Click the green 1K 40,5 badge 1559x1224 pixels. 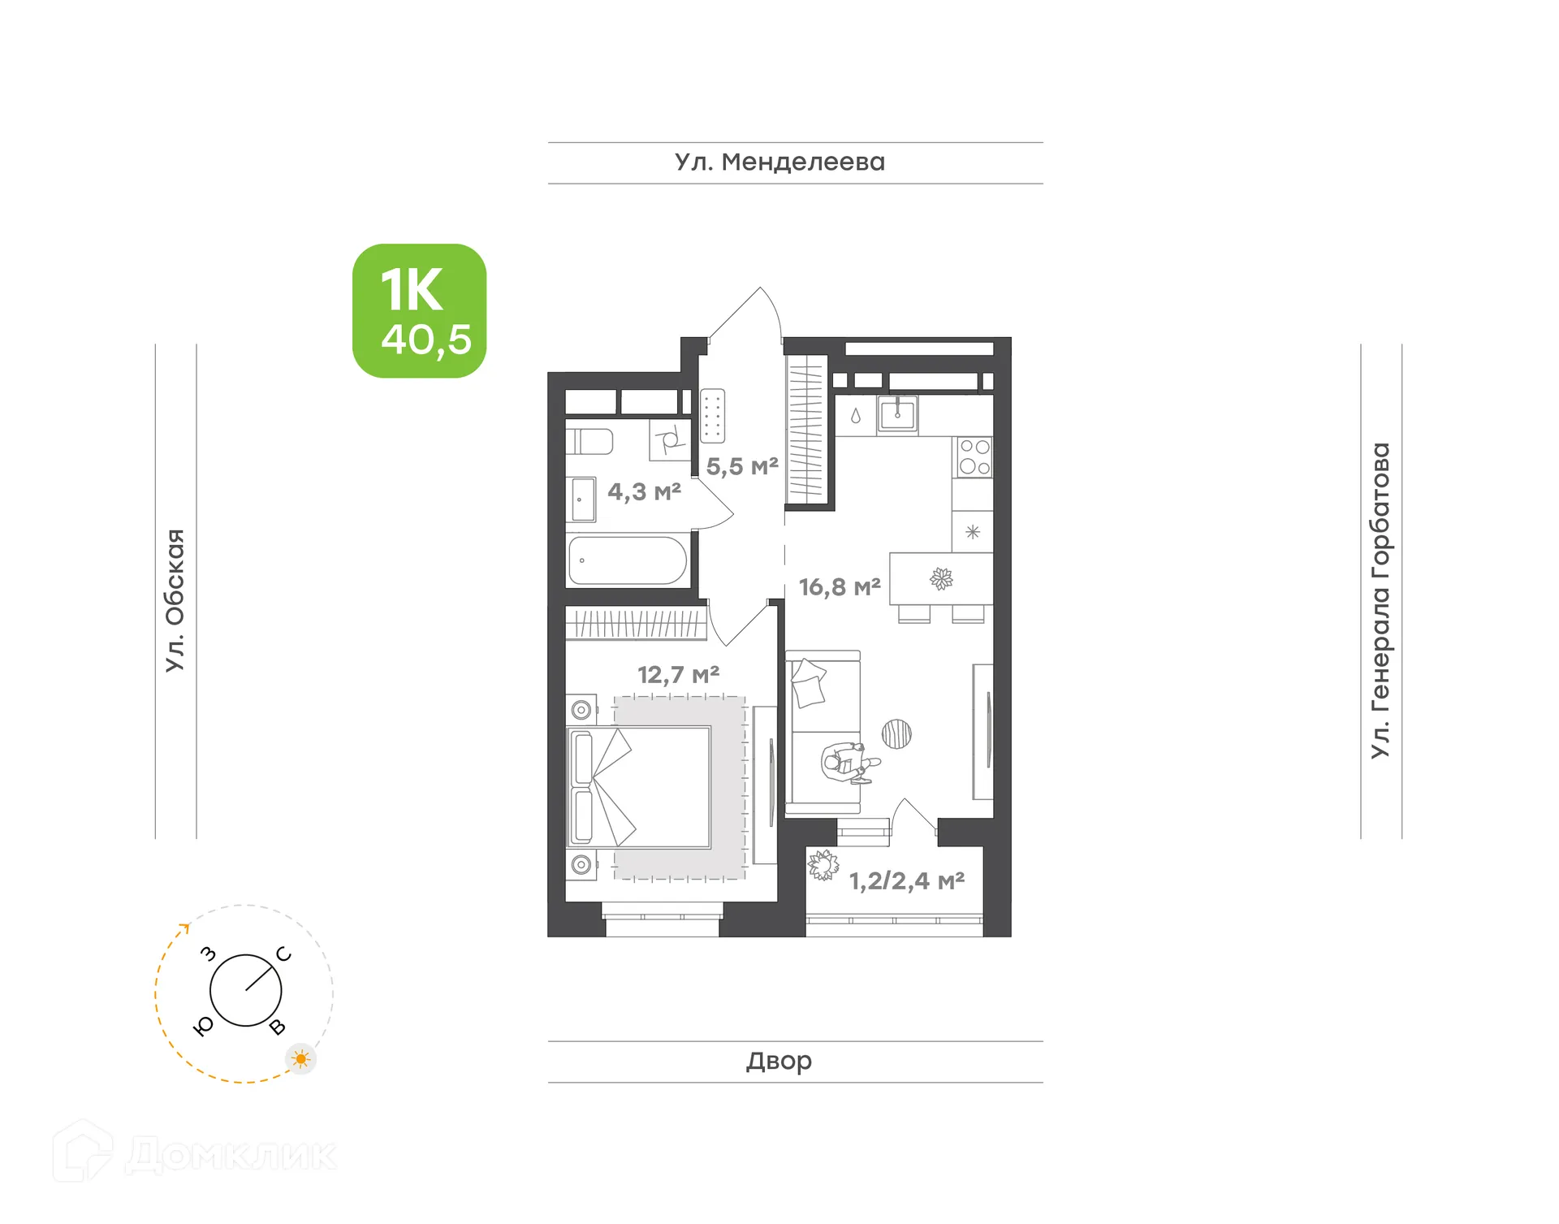419,311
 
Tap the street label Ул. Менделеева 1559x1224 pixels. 779,162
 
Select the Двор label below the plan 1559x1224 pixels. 779,1061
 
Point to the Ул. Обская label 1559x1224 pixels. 175,600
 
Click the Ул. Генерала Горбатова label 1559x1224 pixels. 1380,600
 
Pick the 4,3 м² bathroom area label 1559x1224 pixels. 644,491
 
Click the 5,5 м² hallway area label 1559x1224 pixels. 742,466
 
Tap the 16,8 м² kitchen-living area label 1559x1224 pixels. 840,586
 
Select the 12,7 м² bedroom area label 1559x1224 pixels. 678,674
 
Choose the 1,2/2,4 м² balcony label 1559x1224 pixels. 907,880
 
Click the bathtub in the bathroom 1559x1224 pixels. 628,560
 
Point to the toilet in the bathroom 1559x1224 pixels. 591,441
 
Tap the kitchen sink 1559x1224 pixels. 897,414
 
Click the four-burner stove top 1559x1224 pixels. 974,456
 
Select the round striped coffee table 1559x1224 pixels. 896,734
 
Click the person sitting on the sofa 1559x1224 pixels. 846,763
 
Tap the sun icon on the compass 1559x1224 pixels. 301,1059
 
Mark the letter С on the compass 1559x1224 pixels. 283,954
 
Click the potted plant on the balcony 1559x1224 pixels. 823,866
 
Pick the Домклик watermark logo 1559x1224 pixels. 195,1154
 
